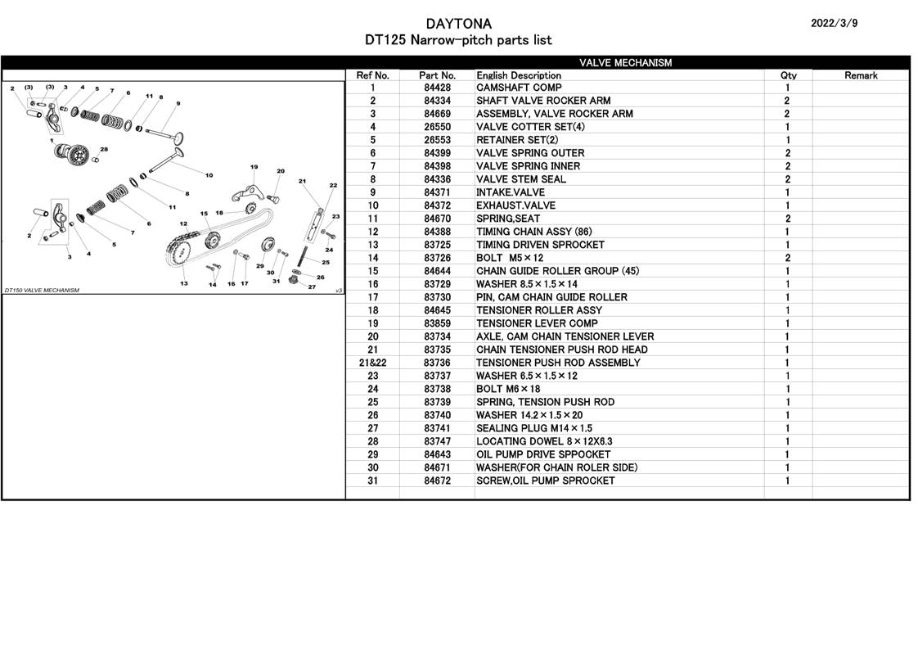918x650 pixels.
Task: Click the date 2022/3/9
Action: pos(834,24)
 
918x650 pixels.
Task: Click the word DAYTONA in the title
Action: pos(458,24)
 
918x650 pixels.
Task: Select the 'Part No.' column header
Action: pos(437,75)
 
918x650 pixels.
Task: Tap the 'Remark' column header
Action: pos(861,75)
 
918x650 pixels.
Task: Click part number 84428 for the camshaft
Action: pos(438,88)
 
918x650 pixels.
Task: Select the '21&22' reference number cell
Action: pos(373,363)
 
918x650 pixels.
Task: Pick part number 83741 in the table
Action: pos(438,429)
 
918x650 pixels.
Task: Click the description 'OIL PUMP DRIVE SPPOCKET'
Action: pos(543,454)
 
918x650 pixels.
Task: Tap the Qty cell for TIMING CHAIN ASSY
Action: pos(787,232)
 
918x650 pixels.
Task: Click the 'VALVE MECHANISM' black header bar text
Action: pos(625,63)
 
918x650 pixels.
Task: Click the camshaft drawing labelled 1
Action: pos(73,153)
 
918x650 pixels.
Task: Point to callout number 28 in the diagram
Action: pos(104,149)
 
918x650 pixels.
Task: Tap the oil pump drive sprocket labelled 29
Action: pos(268,244)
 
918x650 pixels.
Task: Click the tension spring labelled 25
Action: pos(304,255)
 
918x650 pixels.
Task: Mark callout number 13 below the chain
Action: pos(184,283)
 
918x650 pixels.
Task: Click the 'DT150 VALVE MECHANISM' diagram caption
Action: pos(43,291)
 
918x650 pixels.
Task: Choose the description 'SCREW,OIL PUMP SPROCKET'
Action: pos(546,481)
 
